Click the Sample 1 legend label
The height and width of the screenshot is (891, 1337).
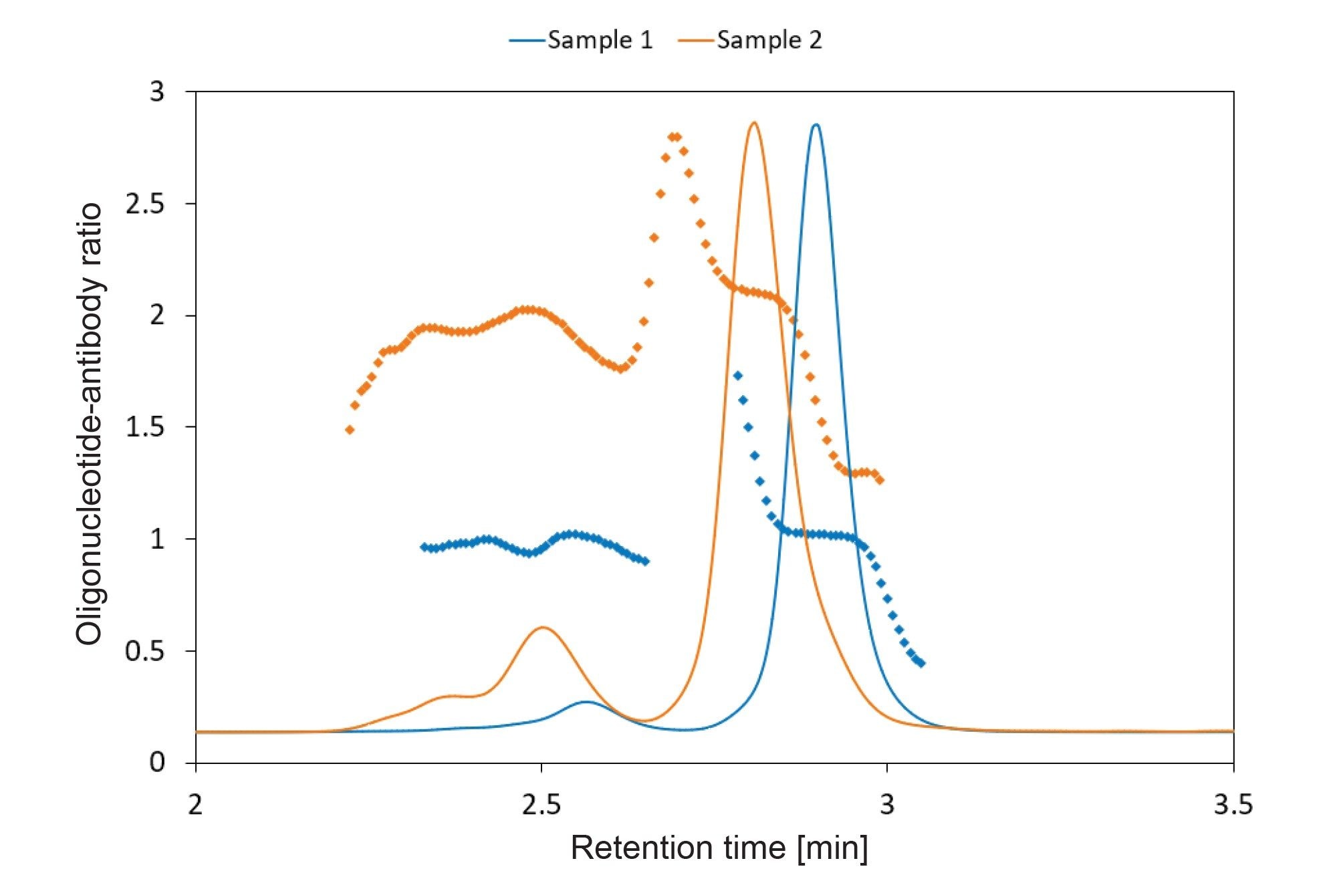[x=600, y=40]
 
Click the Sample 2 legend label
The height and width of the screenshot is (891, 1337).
[x=769, y=40]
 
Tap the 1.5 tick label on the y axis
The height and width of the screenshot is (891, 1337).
[x=145, y=427]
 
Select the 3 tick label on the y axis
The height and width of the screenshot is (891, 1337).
[x=156, y=92]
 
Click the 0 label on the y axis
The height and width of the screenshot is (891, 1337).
[x=156, y=762]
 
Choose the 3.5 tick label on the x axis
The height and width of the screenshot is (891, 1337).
[x=1233, y=805]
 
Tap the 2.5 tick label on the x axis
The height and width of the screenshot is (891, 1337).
[x=541, y=805]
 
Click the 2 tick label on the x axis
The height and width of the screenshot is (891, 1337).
[x=195, y=805]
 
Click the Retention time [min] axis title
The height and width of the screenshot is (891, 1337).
[x=719, y=848]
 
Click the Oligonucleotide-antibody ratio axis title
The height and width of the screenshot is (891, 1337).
[x=89, y=424]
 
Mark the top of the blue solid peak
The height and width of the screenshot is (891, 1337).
[x=815, y=124]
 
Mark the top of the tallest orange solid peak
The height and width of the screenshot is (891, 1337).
[x=754, y=122]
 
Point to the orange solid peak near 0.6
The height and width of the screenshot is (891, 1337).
[x=542, y=627]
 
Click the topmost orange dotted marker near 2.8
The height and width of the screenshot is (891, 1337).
[x=675, y=136]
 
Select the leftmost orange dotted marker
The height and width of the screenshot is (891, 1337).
[x=349, y=430]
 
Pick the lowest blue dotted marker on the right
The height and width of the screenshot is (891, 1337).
[x=921, y=663]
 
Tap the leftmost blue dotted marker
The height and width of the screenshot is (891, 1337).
[x=423, y=547]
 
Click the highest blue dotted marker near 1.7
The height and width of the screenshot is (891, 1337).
[x=737, y=376]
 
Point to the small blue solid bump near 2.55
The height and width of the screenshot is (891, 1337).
[x=586, y=702]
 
